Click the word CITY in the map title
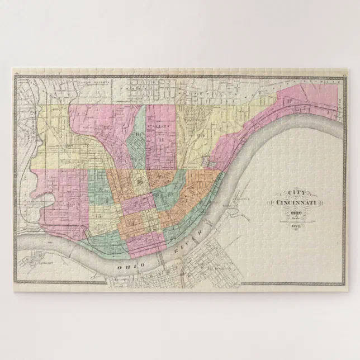pyautogui.click(x=292, y=192)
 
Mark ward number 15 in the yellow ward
pyautogui.click(x=98, y=215)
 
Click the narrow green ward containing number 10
pyautogui.click(x=138, y=140)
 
